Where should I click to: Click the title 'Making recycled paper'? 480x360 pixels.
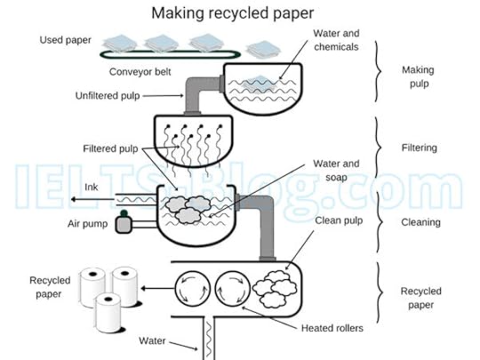(x=233, y=12)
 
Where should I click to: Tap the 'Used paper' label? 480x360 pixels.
(x=66, y=41)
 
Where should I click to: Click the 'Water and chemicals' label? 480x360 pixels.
(x=336, y=39)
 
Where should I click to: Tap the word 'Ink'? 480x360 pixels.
(x=91, y=188)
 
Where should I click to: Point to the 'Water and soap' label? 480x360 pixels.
(x=336, y=170)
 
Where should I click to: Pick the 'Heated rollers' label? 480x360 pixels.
(x=331, y=328)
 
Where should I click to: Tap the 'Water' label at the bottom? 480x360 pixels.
(x=153, y=340)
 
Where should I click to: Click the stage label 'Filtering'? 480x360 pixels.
(x=418, y=148)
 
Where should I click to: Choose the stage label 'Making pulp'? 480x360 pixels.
(x=418, y=76)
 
